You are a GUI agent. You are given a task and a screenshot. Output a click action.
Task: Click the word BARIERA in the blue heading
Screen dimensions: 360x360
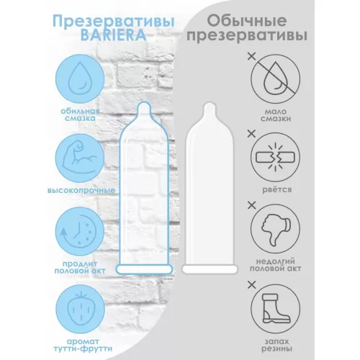113,35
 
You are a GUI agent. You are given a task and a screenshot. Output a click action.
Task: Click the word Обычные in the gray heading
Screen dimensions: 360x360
247,21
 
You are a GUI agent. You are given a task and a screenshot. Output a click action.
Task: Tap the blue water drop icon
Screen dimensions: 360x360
80,79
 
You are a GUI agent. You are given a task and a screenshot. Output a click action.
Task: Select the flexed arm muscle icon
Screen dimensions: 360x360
80,158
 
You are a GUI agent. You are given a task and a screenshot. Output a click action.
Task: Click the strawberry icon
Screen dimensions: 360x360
80,309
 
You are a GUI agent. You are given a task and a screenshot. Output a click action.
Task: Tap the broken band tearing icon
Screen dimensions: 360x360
276,158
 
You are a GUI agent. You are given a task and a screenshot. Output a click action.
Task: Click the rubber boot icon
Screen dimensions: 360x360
276,309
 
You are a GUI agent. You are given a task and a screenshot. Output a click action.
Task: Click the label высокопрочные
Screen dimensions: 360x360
81,191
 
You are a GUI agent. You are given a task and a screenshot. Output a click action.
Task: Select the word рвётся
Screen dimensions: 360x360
276,189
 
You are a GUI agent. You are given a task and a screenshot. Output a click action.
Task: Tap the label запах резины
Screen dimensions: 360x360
276,345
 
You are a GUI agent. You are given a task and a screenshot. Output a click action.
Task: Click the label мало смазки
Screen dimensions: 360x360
276,115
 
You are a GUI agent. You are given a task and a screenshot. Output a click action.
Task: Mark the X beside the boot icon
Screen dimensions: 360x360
251,285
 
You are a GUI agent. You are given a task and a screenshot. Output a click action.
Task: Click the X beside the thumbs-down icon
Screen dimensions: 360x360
251,205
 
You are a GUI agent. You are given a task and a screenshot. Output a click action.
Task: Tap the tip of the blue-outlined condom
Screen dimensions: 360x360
144,102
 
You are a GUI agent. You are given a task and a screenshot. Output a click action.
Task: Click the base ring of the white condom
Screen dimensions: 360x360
210,269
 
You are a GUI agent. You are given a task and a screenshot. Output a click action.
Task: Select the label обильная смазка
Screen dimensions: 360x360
80,114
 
